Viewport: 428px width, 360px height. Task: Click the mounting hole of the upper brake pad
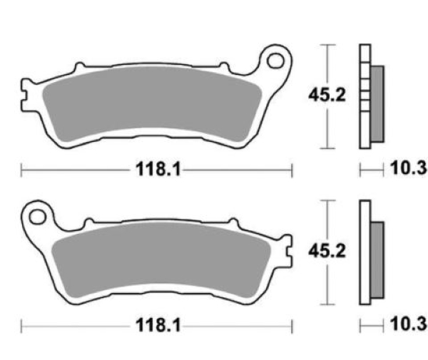coord(275,61)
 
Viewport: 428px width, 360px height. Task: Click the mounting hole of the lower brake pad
coord(37,217)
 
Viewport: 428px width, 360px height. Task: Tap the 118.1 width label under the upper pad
coord(158,170)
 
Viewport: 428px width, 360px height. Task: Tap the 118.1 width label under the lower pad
coord(158,325)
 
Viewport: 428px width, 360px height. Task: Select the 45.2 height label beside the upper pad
coord(327,95)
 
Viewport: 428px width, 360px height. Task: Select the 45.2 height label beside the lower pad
coord(327,251)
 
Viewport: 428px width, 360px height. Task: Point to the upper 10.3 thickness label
coord(409,168)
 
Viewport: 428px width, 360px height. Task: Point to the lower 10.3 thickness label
coord(409,324)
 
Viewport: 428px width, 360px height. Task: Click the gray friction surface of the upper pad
coord(152,102)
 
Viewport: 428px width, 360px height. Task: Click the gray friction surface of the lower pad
coord(161,259)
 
